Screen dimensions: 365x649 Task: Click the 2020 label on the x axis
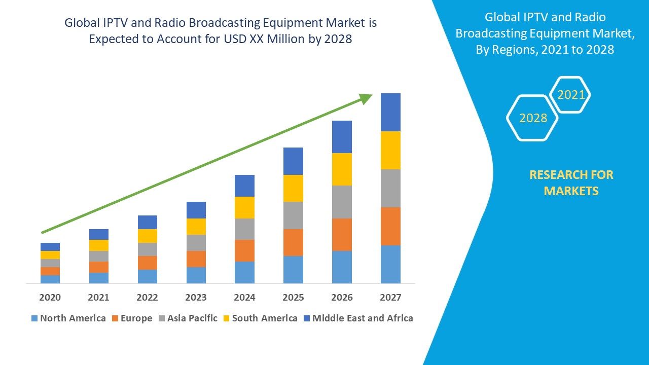tap(50, 298)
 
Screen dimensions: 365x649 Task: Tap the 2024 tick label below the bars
tap(244, 298)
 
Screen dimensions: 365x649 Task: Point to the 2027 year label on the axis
tap(390, 298)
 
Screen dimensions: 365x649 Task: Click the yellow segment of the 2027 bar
tap(390, 150)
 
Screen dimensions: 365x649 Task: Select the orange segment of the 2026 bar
tap(342, 234)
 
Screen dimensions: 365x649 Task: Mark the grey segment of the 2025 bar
tap(293, 215)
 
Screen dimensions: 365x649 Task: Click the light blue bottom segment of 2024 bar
tap(244, 272)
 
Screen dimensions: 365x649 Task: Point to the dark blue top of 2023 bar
tap(196, 210)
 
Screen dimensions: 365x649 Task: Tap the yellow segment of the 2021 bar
tap(99, 245)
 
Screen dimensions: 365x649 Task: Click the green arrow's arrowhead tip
tap(371, 95)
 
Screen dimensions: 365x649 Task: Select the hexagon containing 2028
tap(532, 118)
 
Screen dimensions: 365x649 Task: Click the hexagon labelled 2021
tap(571, 95)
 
